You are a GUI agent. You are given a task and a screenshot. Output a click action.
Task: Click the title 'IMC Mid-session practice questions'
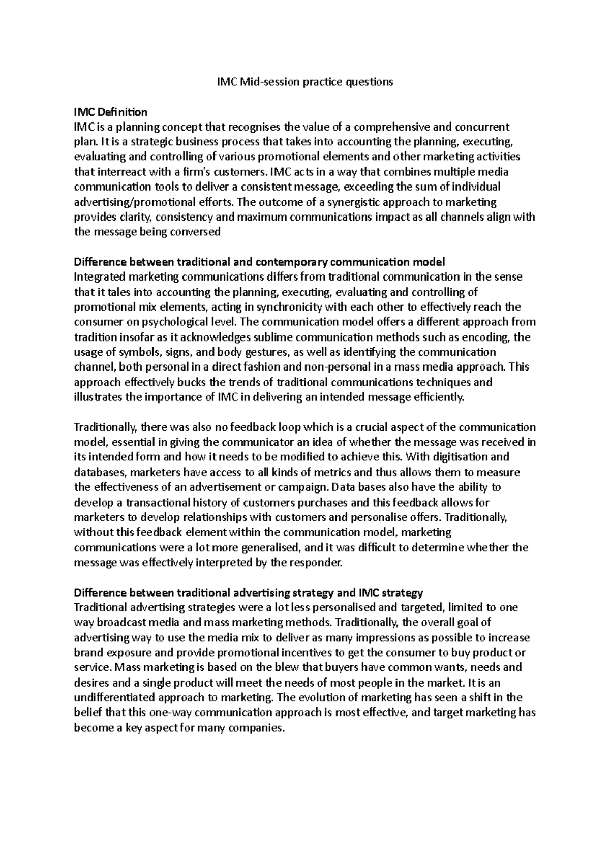(x=302, y=82)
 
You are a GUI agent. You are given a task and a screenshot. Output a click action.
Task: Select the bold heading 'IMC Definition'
(x=110, y=112)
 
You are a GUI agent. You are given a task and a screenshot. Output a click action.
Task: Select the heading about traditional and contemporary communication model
(x=259, y=262)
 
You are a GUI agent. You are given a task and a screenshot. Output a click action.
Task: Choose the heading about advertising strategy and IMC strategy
(x=249, y=593)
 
